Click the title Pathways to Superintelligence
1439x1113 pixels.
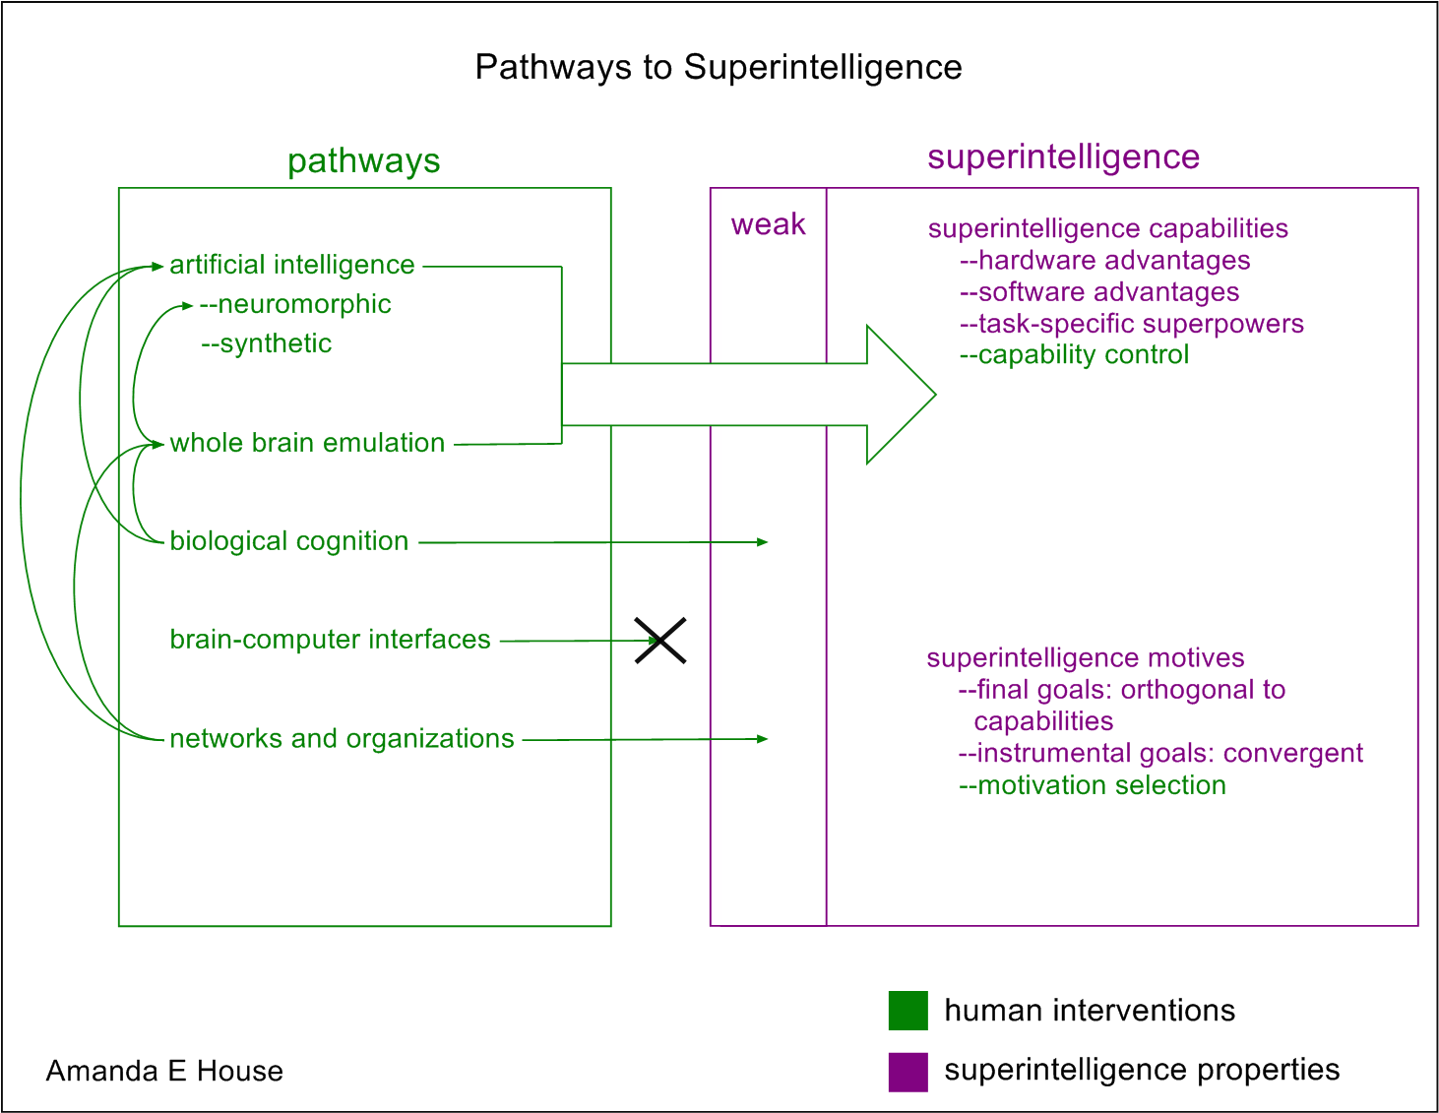(719, 67)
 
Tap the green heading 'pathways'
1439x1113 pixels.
(363, 160)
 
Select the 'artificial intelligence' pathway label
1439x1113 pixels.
(292, 265)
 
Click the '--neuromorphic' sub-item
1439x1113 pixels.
(295, 304)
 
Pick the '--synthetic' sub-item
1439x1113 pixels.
(267, 343)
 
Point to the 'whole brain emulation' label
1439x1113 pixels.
(307, 443)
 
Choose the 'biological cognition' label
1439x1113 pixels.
(289, 541)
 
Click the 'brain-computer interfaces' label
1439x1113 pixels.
(330, 640)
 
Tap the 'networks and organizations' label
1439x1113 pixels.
(342, 739)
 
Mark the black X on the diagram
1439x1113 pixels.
(659, 641)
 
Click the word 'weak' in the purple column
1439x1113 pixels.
(768, 224)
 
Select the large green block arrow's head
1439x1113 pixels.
(899, 395)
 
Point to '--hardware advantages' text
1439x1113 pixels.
(1104, 260)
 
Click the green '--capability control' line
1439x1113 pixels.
(1074, 354)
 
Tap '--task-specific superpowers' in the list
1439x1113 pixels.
(1131, 324)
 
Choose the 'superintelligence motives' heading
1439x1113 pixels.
(1085, 657)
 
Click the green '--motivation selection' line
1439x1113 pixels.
(1092, 785)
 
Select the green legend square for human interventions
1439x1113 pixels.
(907, 1011)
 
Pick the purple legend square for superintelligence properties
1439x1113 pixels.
(907, 1072)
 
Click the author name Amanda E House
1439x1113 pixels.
(164, 1071)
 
